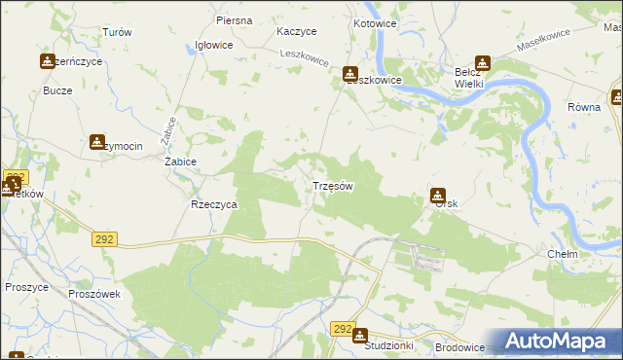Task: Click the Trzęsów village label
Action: click(x=332, y=185)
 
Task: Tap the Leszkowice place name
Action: click(x=376, y=81)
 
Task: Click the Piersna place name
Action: click(x=235, y=20)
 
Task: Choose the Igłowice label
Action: click(x=214, y=45)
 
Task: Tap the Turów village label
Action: click(x=117, y=32)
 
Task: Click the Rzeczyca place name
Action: click(x=214, y=205)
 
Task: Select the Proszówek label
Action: click(x=93, y=293)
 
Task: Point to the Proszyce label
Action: click(x=26, y=288)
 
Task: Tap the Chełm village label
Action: click(x=563, y=254)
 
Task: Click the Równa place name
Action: click(x=585, y=108)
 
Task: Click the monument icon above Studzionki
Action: click(x=360, y=336)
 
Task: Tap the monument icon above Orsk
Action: click(x=439, y=195)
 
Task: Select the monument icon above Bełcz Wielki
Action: click(x=481, y=62)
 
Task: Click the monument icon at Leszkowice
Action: click(x=350, y=73)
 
